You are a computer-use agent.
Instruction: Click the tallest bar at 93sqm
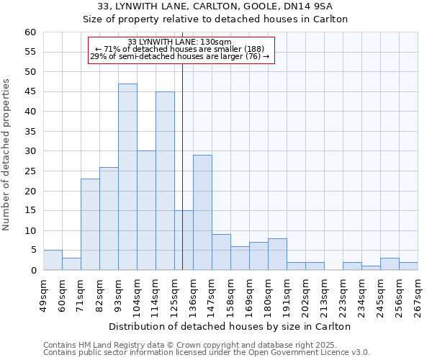coord(127,177)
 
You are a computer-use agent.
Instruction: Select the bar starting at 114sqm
coord(165,181)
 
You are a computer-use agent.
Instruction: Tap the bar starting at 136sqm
coord(202,212)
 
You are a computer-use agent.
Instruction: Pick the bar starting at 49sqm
coord(53,260)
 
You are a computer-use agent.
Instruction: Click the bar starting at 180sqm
coord(277,254)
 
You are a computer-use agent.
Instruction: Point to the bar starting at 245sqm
coord(390,264)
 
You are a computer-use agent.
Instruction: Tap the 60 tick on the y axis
coord(30,32)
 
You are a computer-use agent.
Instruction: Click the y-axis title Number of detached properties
coord(7,155)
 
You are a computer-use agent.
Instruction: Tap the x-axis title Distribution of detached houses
coord(230,326)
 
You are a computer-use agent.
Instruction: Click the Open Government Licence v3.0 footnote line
coord(207,353)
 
